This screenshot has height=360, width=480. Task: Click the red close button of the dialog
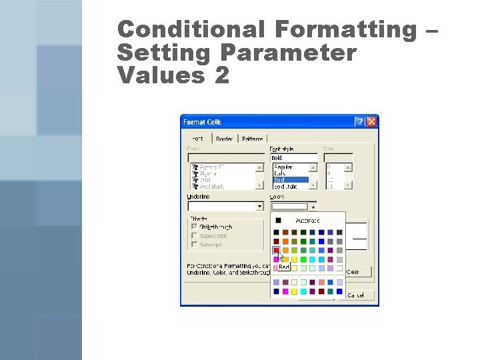click(x=371, y=122)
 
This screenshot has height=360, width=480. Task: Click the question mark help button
click(x=359, y=122)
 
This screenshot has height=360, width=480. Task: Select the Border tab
click(x=225, y=139)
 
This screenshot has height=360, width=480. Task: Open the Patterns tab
click(x=252, y=139)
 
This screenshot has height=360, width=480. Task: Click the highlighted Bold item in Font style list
click(x=288, y=180)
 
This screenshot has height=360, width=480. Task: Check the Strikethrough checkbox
click(x=194, y=227)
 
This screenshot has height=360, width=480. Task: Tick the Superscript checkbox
click(x=194, y=236)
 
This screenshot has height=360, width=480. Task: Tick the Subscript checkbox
click(x=194, y=245)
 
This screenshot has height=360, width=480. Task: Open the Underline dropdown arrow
click(x=259, y=207)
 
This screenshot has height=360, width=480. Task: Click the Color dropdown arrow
click(x=313, y=207)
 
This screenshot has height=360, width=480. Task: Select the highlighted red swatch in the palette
click(x=276, y=251)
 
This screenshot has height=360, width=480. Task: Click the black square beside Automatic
click(x=279, y=220)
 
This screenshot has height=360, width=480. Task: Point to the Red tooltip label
click(x=284, y=267)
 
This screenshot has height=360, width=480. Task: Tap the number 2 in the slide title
click(x=221, y=75)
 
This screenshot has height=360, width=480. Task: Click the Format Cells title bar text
click(x=203, y=122)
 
